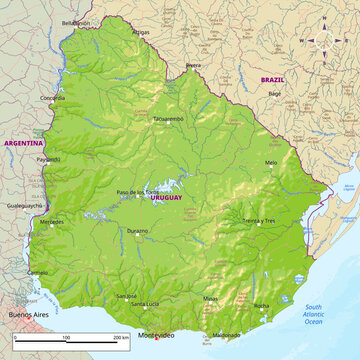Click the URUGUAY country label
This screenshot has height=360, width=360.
click(166, 199)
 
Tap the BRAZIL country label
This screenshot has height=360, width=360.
click(272, 78)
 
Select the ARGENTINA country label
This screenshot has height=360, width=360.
click(23, 143)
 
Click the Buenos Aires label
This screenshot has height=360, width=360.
click(26, 314)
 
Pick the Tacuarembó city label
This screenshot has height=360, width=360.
click(168, 118)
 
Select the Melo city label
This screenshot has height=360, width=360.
click(271, 162)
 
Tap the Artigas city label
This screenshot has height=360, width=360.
click(141, 32)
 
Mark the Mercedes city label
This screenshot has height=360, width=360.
click(51, 221)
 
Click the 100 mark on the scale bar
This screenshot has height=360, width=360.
click(66, 339)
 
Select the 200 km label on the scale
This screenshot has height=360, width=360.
click(121, 339)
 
